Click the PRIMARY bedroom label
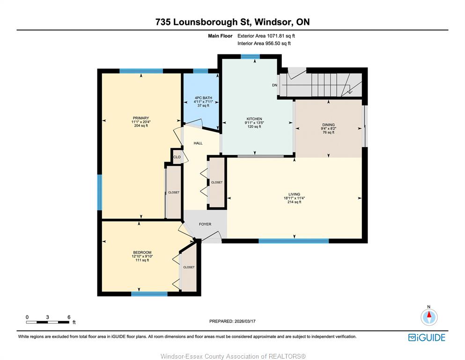[x=141, y=118]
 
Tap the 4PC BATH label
[x=203, y=97]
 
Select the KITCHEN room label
[x=254, y=119]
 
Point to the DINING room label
[x=329, y=125]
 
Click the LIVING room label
[x=294, y=194]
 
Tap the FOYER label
[x=205, y=224]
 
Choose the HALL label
[x=198, y=143]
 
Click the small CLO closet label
[x=177, y=157]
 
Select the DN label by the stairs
[x=274, y=85]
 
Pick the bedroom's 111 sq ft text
[x=142, y=260]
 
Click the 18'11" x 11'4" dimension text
[x=294, y=198]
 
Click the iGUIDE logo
[x=427, y=337]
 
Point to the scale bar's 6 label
[x=69, y=317]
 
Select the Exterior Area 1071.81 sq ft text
[x=266, y=36]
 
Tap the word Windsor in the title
[x=272, y=22]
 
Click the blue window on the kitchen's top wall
[x=250, y=56]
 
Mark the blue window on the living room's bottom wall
[x=294, y=241]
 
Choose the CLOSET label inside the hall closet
[x=217, y=182]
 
